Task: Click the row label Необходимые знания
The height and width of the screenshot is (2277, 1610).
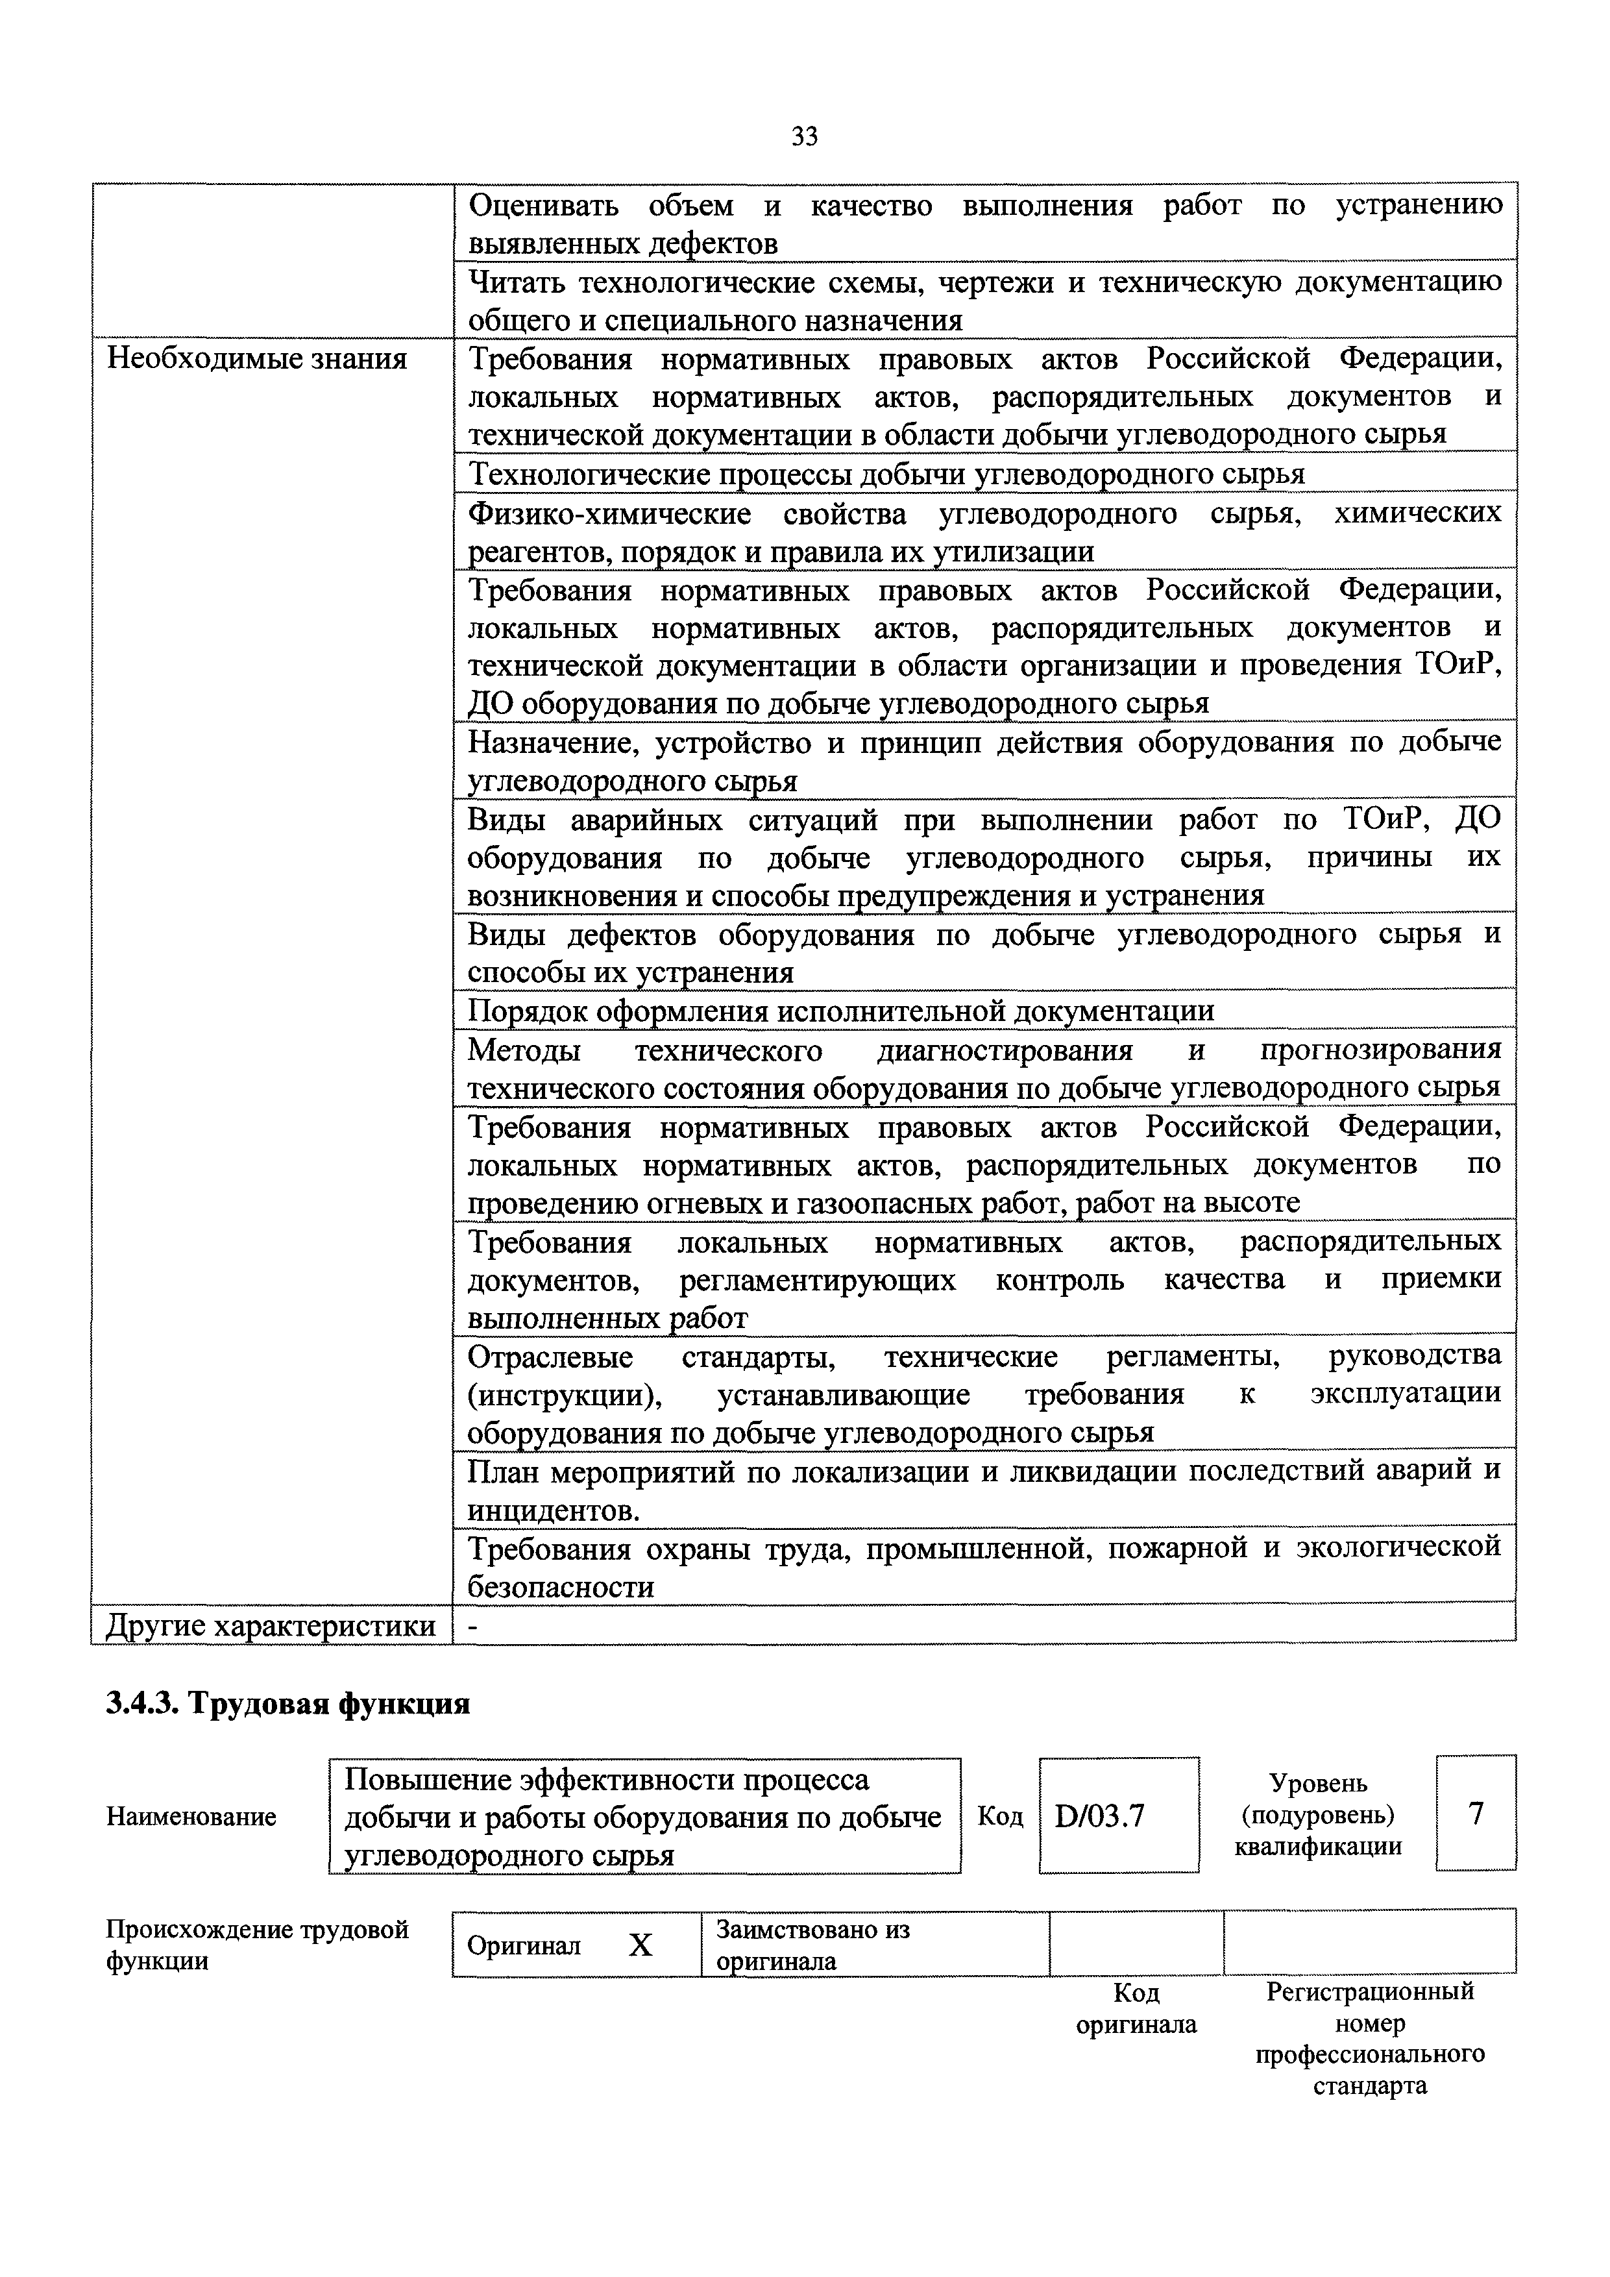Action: coord(257,358)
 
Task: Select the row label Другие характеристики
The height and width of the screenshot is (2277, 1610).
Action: coord(271,1625)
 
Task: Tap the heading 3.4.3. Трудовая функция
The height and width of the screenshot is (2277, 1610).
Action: coord(287,1704)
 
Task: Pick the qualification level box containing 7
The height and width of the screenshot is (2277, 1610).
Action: coord(1475,1814)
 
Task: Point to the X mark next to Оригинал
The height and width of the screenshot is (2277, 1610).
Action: coord(641,1946)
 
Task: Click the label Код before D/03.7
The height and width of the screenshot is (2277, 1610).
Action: coord(1000,1816)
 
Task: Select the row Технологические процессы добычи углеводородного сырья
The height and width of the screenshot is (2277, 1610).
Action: coord(886,474)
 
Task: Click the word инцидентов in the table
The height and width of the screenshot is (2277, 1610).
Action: coord(550,1511)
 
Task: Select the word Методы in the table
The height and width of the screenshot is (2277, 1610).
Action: coord(524,1049)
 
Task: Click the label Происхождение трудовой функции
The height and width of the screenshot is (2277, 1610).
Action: coord(257,1946)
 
